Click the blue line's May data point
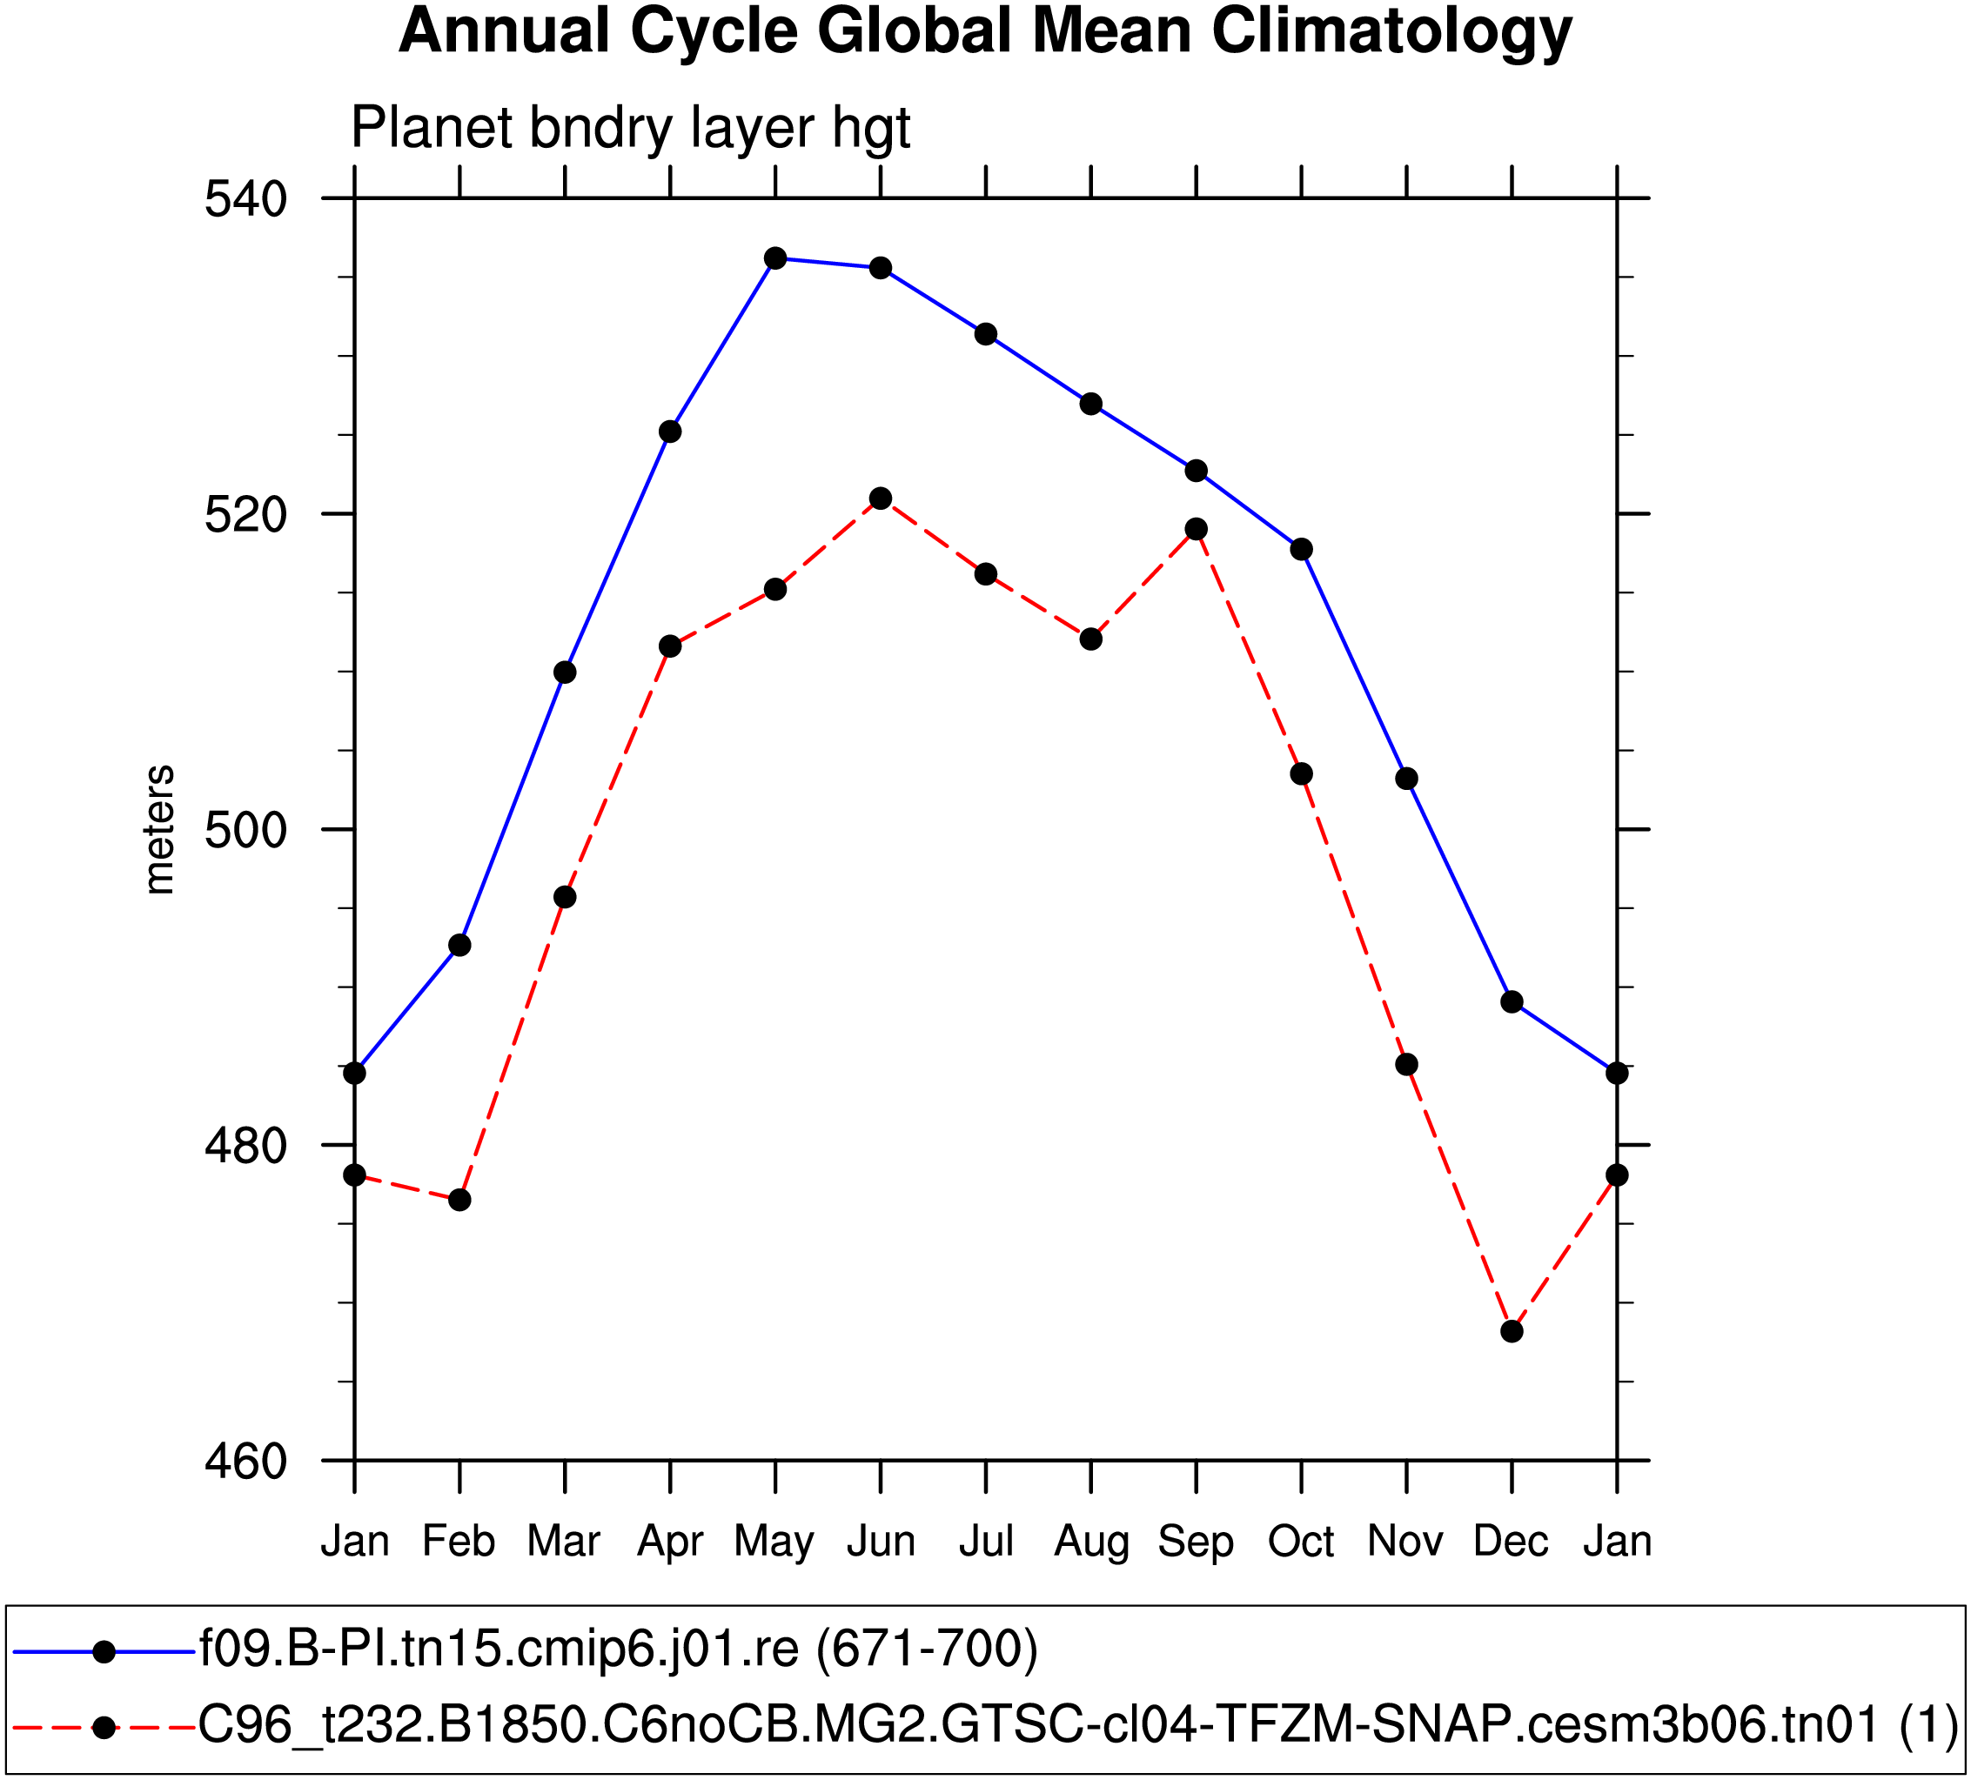coord(775,258)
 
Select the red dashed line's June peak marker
coord(881,499)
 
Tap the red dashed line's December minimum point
coord(1512,1331)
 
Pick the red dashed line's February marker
coord(459,1200)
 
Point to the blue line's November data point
coord(1407,779)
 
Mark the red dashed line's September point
coord(1196,529)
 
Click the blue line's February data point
coord(459,945)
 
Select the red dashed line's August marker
coord(1091,639)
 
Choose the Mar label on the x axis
coord(564,1542)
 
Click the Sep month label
coord(1196,1542)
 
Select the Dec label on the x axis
coord(1512,1542)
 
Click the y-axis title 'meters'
coord(158,830)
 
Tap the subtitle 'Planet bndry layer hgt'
coord(631,127)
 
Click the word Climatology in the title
coord(1391,31)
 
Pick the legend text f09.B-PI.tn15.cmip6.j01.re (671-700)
coord(619,1648)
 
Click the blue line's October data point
coord(1301,549)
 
